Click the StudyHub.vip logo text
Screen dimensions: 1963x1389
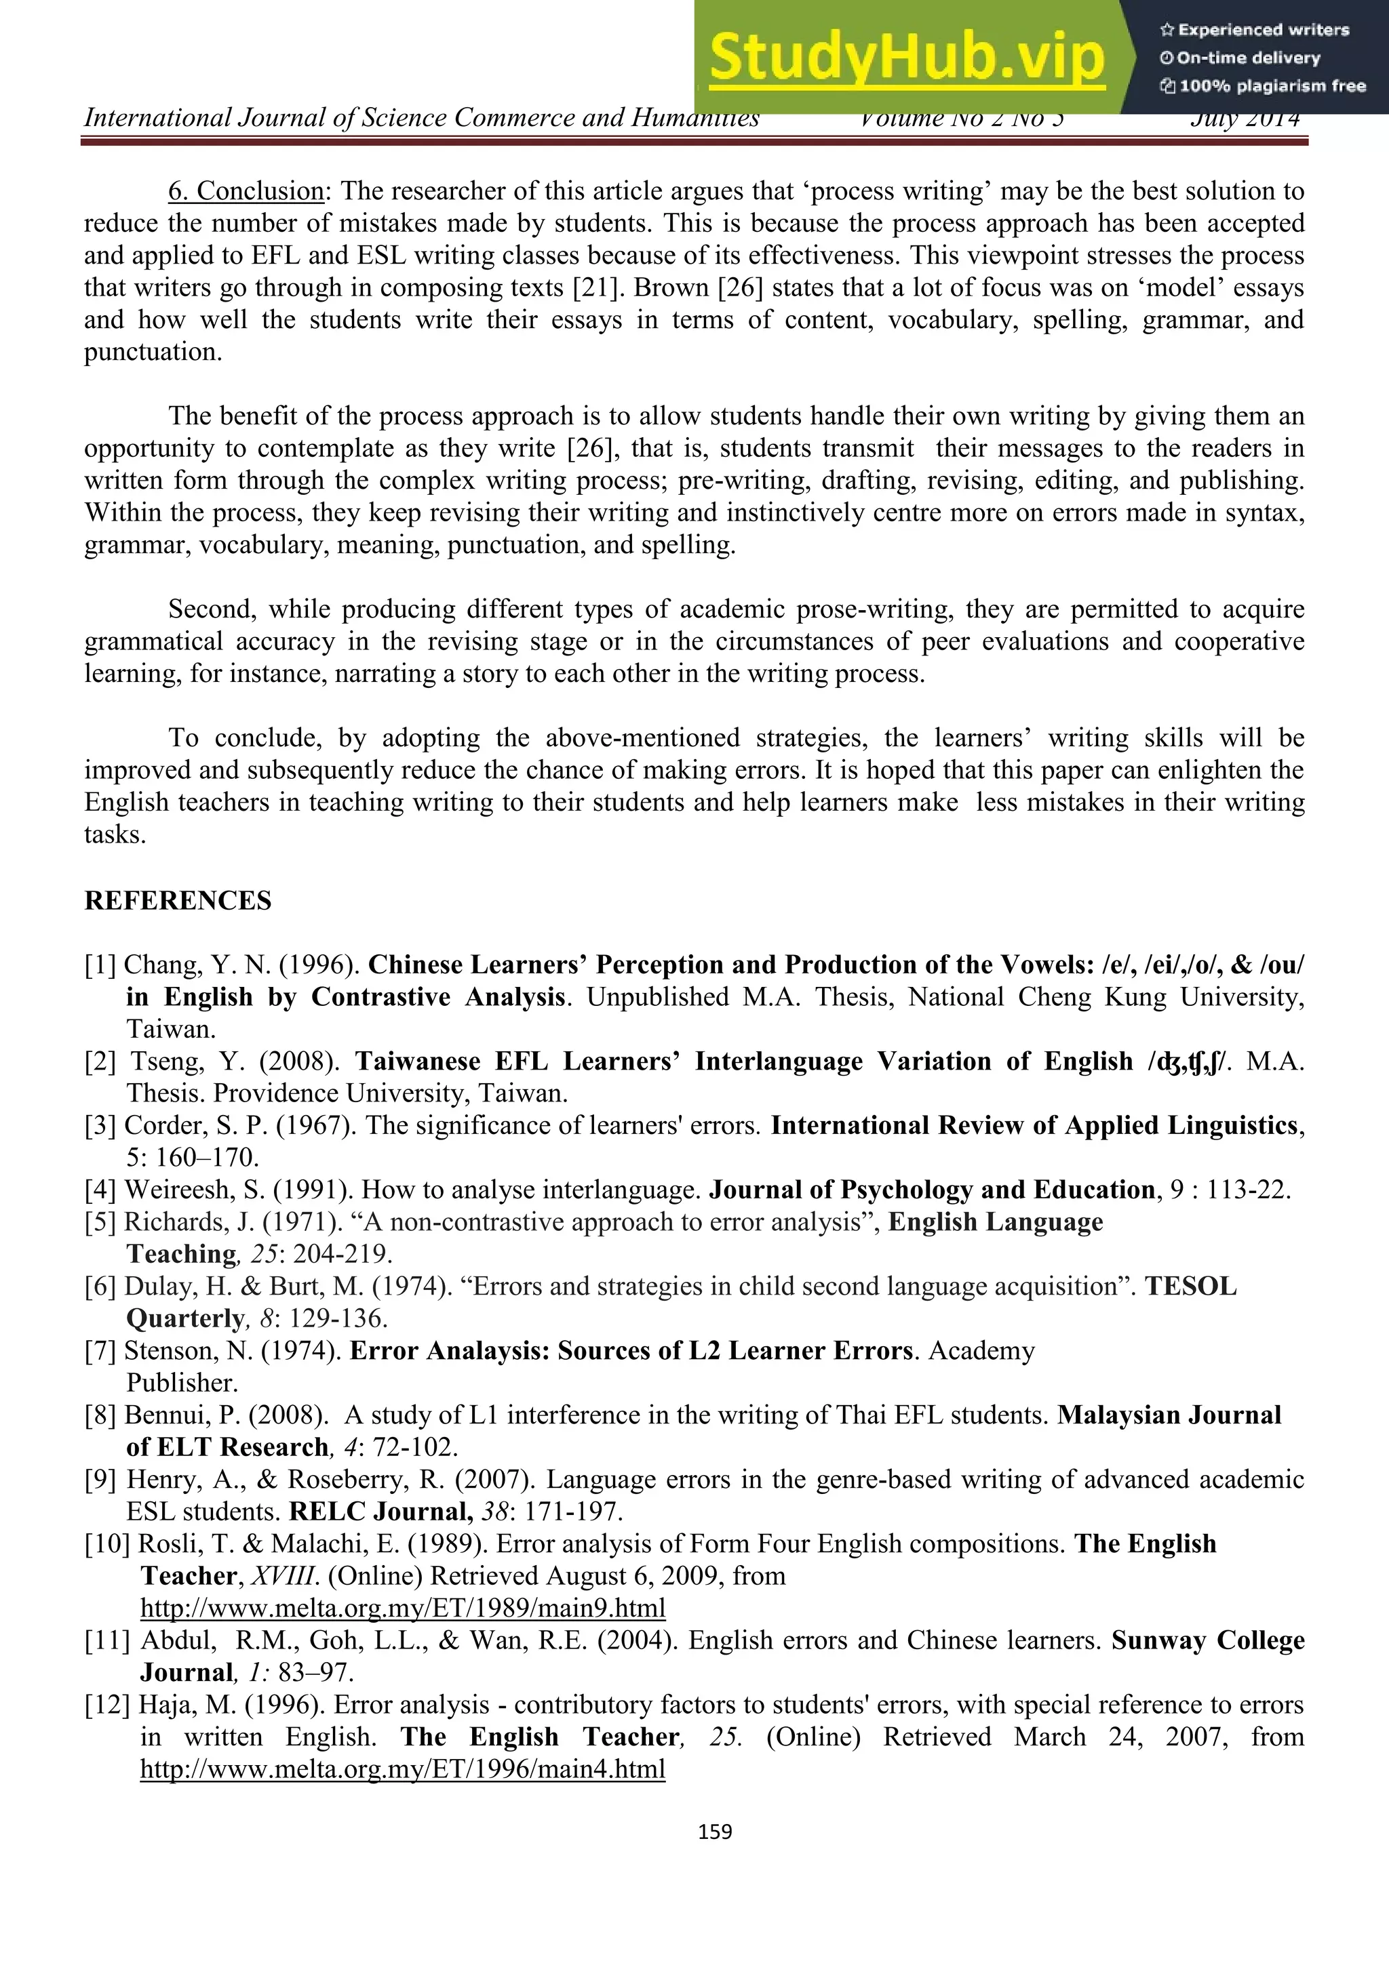907,58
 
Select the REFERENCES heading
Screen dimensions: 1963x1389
178,901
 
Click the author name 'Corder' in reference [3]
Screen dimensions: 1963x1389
152,1126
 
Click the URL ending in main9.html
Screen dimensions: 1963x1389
402,1608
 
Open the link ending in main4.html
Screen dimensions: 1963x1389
402,1769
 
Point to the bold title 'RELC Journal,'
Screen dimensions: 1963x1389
380,1512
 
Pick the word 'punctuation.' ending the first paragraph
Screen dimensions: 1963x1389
153,352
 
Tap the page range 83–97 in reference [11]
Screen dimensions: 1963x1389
315,1672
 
